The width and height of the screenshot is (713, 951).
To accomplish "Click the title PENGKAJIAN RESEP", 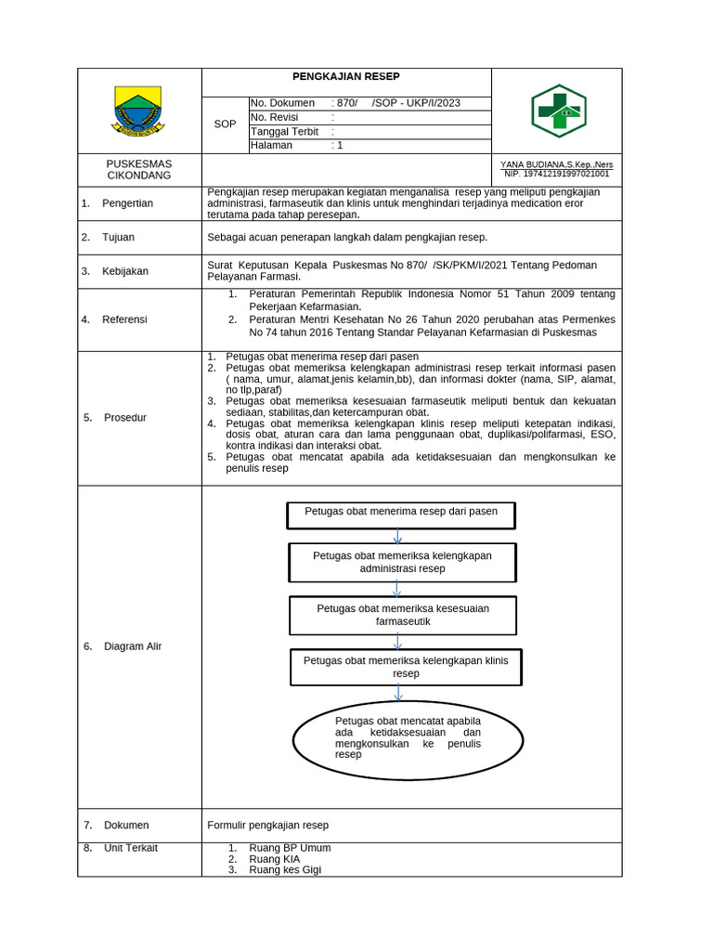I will (x=345, y=77).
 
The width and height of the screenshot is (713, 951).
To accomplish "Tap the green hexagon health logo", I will (x=558, y=111).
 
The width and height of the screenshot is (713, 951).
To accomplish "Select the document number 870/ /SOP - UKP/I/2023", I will (x=395, y=103).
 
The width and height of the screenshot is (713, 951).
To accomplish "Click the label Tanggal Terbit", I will (x=284, y=131).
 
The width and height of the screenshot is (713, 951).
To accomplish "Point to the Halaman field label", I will (x=271, y=145).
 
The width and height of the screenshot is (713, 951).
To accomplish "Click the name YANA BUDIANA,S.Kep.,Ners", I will (x=557, y=164).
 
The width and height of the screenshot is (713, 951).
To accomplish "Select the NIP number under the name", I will (x=557, y=174).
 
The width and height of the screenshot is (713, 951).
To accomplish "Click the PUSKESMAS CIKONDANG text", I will (x=139, y=169).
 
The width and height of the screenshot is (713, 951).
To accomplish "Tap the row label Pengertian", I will (x=127, y=203).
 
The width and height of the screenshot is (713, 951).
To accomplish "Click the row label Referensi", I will (x=124, y=319).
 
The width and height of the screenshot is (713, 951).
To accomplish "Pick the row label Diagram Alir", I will (x=133, y=646).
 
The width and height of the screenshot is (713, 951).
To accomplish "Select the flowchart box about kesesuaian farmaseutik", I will (x=403, y=615).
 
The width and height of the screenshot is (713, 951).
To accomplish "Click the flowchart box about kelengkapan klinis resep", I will (x=406, y=667).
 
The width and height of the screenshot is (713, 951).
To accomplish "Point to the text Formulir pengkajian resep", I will (x=268, y=825).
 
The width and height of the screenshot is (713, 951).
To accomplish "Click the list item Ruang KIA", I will (x=268, y=859).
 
